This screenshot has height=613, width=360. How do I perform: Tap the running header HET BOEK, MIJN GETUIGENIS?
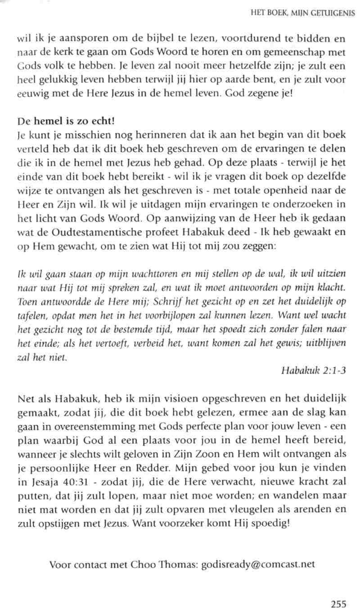(303, 13)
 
